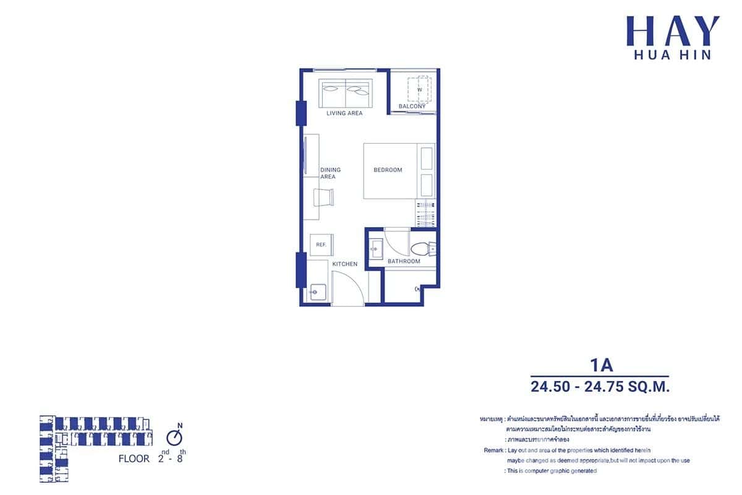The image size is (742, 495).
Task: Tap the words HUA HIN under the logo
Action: coord(673,55)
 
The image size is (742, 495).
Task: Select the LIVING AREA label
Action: coord(344,113)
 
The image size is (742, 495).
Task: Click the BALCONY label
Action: coord(412,106)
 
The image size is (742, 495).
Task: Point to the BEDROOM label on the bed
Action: coord(388,170)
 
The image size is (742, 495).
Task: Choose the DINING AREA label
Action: coord(330,173)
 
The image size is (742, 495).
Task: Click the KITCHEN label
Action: coord(345,264)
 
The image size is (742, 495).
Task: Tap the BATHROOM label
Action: coord(404,261)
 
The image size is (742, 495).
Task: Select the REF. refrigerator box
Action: coord(321,244)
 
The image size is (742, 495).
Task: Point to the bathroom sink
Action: coord(376,249)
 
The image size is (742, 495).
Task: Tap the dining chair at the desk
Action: coord(325,197)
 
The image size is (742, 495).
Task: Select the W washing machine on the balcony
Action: coord(419,90)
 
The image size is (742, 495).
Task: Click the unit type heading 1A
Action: coord(599,365)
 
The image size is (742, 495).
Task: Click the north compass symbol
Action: coord(178,437)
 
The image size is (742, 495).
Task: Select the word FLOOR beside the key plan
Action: coord(134,459)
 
